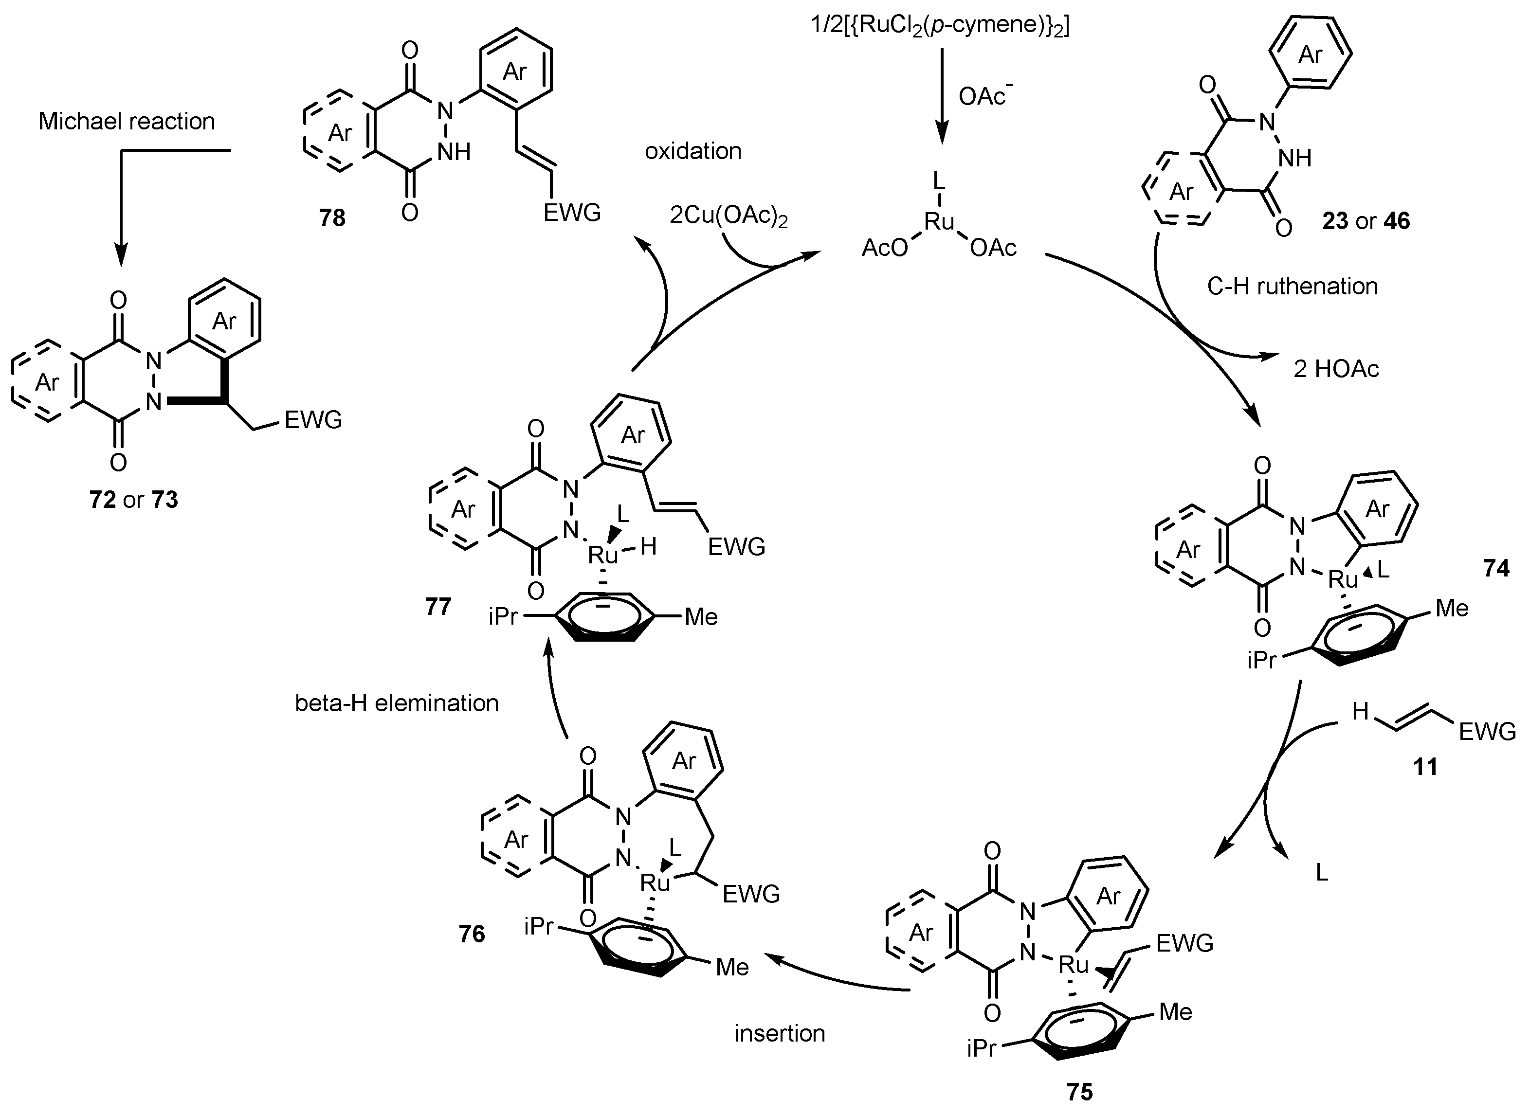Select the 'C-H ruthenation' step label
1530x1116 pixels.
pos(1292,287)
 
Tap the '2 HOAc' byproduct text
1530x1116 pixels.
pos(1336,369)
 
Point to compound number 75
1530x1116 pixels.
pos(1079,1092)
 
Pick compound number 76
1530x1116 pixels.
pos(472,934)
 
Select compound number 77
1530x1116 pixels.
pos(438,607)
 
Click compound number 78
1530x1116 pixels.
pos(332,218)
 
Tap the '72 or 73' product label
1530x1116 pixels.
pos(134,500)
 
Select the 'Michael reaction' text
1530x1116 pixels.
pos(127,122)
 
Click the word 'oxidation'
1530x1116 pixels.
pos(692,151)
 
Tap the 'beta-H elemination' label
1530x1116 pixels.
pos(397,703)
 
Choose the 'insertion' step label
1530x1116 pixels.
pos(780,1034)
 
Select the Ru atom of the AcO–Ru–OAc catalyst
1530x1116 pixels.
pos(939,220)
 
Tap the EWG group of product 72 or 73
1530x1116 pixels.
pos(313,420)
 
